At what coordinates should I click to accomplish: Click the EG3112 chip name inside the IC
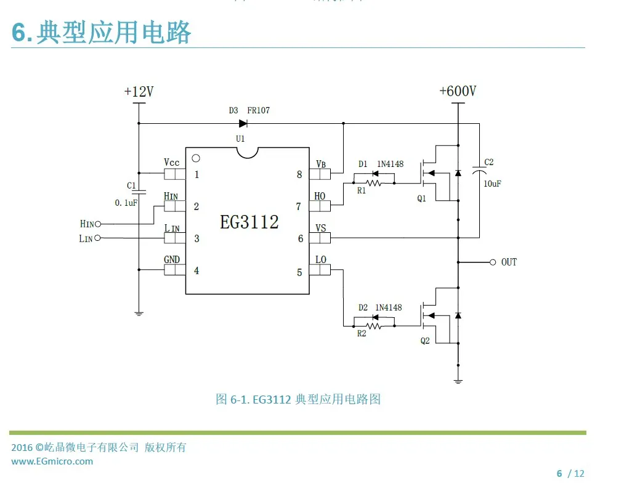pos(249,222)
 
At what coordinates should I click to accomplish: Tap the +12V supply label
pos(139,91)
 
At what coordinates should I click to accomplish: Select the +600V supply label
pos(458,91)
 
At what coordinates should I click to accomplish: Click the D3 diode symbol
pos(243,123)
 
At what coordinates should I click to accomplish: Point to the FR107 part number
pos(258,110)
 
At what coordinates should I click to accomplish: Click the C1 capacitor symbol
pos(139,191)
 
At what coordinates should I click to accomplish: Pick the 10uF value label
pos(492,184)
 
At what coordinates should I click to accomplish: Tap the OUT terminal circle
pos(493,262)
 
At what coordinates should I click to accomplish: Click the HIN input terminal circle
pos(98,224)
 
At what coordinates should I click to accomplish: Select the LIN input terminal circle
pos(97,238)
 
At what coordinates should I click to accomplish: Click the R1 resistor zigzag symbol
pos(373,183)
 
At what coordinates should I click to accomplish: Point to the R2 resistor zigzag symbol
pos(373,326)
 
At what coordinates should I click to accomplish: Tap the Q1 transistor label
pos(421,198)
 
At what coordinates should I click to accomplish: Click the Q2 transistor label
pos(425,341)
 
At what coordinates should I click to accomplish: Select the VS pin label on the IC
pos(321,228)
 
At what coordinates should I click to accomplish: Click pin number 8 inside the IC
pos(299,175)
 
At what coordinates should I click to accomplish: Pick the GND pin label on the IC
pos(172,259)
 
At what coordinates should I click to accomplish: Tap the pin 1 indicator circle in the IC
pos(196,158)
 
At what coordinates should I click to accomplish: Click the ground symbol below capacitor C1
pos(139,314)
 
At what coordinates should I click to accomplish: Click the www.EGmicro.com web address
pos(52,461)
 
